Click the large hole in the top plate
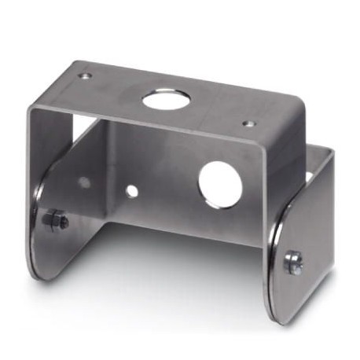pyautogui.click(x=167, y=99)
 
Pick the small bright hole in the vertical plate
pyautogui.click(x=133, y=191)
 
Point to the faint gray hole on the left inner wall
pyautogui.click(x=84, y=182)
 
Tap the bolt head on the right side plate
pyautogui.click(x=294, y=263)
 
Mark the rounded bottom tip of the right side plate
pyautogui.click(x=279, y=318)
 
